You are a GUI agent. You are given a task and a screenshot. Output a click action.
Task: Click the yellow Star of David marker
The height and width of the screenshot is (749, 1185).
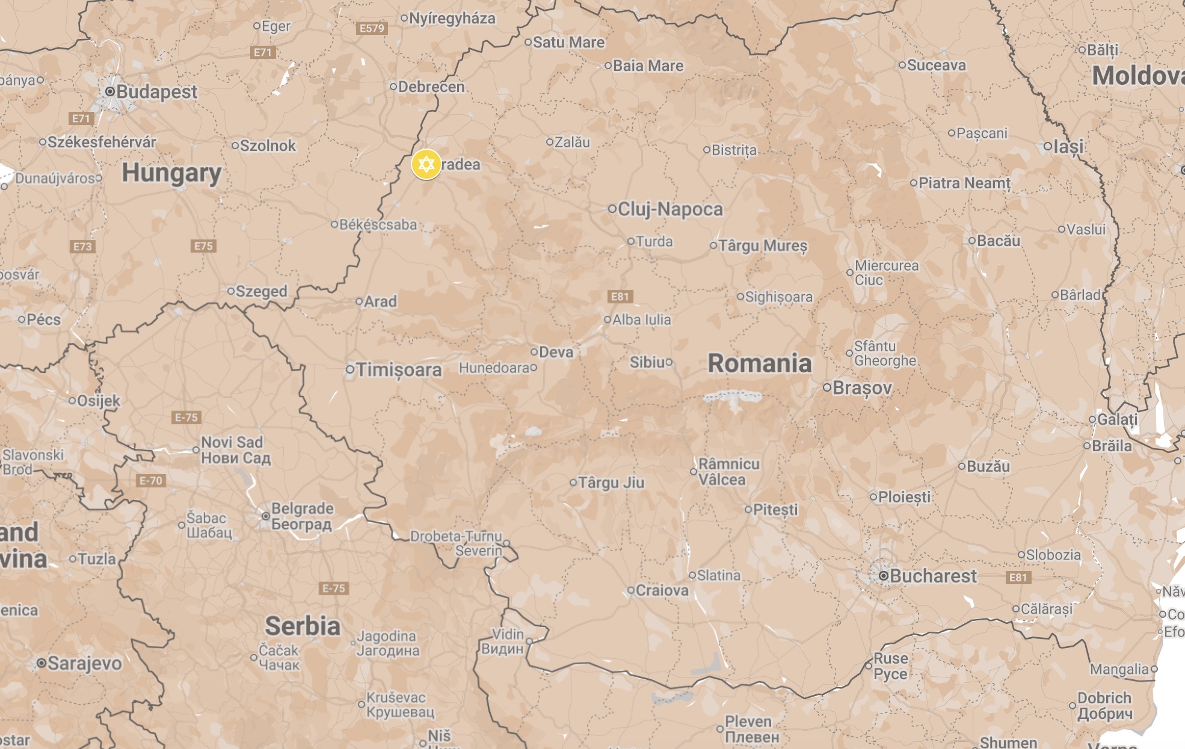[x=426, y=164]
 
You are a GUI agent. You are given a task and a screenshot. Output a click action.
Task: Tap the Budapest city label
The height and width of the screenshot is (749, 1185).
[x=156, y=92]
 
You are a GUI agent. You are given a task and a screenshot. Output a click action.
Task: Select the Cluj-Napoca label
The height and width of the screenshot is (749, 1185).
[x=670, y=209]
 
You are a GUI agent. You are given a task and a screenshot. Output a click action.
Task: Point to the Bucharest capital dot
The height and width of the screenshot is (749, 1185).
[x=883, y=576]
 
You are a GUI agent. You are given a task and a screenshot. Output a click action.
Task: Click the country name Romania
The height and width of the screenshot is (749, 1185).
[x=759, y=363]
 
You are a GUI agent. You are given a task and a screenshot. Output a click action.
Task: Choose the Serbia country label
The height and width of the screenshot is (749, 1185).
[x=303, y=626]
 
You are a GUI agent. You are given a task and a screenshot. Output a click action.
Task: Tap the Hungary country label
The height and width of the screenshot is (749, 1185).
[x=171, y=173]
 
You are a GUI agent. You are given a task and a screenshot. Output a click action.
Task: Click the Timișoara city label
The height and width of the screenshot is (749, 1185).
[x=398, y=369]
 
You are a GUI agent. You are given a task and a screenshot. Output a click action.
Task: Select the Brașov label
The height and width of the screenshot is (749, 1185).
[x=861, y=388]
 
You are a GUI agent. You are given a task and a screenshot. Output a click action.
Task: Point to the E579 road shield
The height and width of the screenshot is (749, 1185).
[x=372, y=28]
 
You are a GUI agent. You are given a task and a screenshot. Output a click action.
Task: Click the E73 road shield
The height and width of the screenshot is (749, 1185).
[x=82, y=247]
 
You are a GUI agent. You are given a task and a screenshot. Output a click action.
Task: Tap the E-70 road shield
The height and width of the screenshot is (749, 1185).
[x=150, y=481]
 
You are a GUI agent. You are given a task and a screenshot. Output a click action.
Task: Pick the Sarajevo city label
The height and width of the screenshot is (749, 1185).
[x=84, y=664]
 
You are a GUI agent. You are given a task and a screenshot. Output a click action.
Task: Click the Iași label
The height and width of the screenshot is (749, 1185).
[x=1068, y=146]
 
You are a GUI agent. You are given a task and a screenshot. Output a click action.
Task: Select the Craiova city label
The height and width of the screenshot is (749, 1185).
[x=662, y=591]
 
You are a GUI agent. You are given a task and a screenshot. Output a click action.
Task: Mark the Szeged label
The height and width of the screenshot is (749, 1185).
[x=261, y=292]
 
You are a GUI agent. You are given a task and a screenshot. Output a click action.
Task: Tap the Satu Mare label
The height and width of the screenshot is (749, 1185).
[x=568, y=43]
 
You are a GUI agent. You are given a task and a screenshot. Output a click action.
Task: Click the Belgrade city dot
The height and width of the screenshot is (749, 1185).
[x=265, y=516]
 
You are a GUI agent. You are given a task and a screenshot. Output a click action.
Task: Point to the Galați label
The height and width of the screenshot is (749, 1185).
[x=1117, y=419]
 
